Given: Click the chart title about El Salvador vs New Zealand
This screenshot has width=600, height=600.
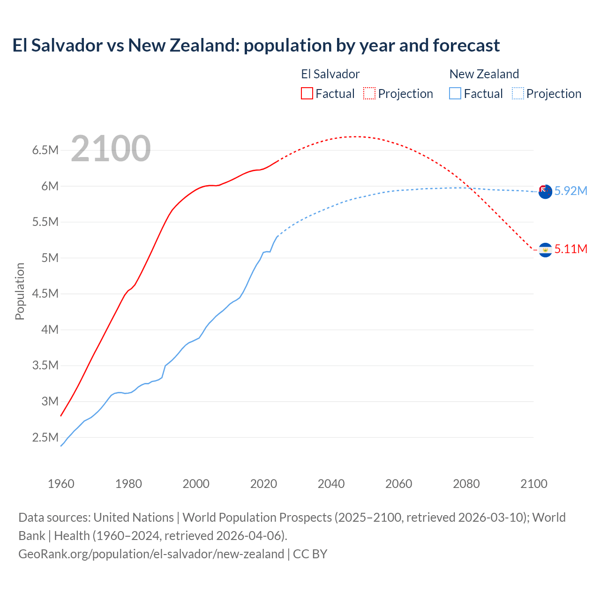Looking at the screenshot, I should [x=256, y=45].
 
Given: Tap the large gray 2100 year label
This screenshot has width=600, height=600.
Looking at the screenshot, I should [x=111, y=149].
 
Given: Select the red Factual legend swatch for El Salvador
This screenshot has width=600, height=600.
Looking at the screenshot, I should [x=307, y=93].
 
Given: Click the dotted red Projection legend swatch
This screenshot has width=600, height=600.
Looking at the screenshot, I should [x=369, y=93].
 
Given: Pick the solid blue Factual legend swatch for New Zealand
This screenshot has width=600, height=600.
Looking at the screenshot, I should [x=455, y=93].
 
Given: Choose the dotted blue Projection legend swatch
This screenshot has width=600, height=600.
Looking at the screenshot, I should [x=518, y=93].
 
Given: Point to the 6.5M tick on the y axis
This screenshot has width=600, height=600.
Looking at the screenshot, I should [x=45, y=150].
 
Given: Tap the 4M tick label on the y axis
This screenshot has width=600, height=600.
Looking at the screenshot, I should [x=50, y=330].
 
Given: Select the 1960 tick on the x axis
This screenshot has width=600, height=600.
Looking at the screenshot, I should [x=61, y=484].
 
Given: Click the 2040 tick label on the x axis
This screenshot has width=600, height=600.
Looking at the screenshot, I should [x=331, y=484].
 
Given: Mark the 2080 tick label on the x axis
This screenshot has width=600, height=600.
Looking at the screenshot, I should [x=466, y=484].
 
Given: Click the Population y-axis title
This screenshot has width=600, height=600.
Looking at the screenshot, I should [x=20, y=291].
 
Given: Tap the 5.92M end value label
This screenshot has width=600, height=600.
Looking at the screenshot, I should [x=570, y=191].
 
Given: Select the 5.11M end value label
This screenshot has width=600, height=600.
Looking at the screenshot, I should [x=570, y=249].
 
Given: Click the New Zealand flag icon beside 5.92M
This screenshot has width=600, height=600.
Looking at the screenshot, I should [x=545, y=191].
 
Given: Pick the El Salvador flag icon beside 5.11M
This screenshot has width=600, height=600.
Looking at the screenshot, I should [x=545, y=250].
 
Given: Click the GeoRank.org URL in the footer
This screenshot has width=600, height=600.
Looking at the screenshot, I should [x=151, y=554].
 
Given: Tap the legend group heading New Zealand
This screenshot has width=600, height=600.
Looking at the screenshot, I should [x=484, y=74].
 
